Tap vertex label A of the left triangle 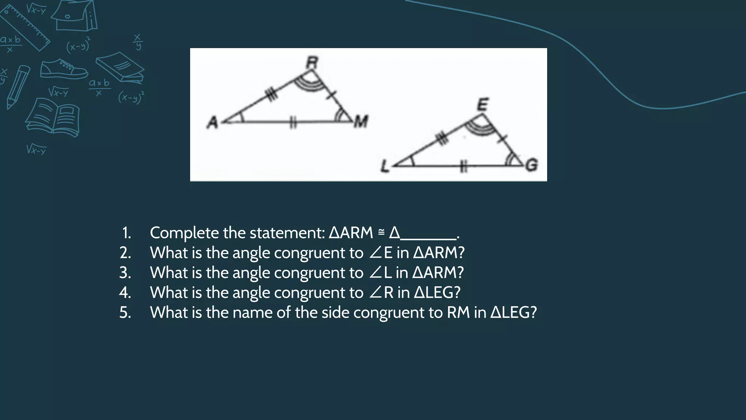coord(212,122)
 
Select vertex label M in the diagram coord(361,121)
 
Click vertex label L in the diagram coord(385,167)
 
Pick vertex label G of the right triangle coord(531,165)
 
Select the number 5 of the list coord(125,313)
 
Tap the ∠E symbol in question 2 coord(381,253)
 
